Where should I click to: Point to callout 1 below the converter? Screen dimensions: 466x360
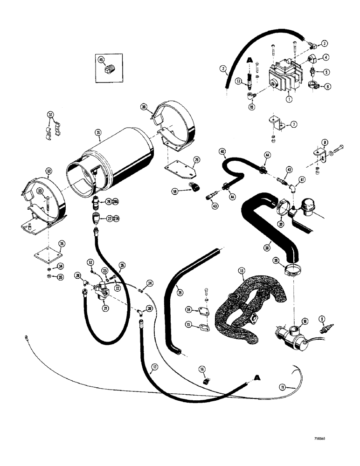click(289, 98)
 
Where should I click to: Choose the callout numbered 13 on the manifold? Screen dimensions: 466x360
click(241, 270)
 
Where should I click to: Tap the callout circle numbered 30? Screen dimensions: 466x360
click(145, 107)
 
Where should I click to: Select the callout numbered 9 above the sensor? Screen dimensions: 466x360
click(321, 319)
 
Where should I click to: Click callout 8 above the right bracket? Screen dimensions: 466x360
click(325, 143)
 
